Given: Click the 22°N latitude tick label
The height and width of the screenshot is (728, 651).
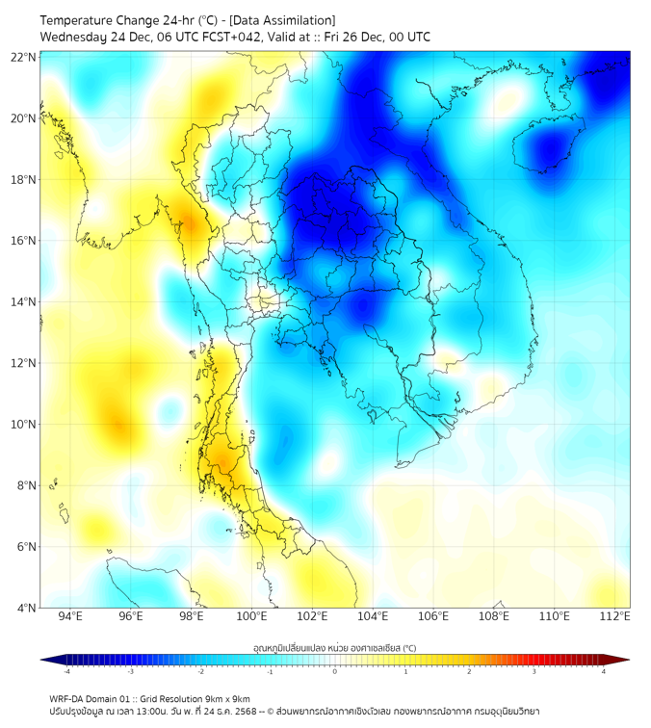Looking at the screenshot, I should tap(24, 58).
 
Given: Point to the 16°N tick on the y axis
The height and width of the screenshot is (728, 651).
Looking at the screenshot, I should tap(24, 241).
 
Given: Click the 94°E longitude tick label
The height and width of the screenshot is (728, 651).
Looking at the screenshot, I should tap(70, 616).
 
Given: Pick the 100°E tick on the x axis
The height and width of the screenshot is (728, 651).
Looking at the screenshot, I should tap(251, 616).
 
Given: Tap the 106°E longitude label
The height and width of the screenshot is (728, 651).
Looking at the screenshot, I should tap(433, 616).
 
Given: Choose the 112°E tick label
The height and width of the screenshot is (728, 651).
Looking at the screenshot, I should tap(615, 616).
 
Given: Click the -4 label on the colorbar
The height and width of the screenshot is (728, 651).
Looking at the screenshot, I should tap(66, 671).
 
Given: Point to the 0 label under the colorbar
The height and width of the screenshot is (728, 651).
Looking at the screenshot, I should tap(335, 671).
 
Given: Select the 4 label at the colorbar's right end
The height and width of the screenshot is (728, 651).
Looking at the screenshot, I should tap(603, 671).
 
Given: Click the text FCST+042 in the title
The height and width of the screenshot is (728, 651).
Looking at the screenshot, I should tap(213, 37).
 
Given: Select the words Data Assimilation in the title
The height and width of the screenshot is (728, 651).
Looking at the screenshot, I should tap(288, 20).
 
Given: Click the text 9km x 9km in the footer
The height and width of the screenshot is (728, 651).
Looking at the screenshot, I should tap(221, 698).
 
